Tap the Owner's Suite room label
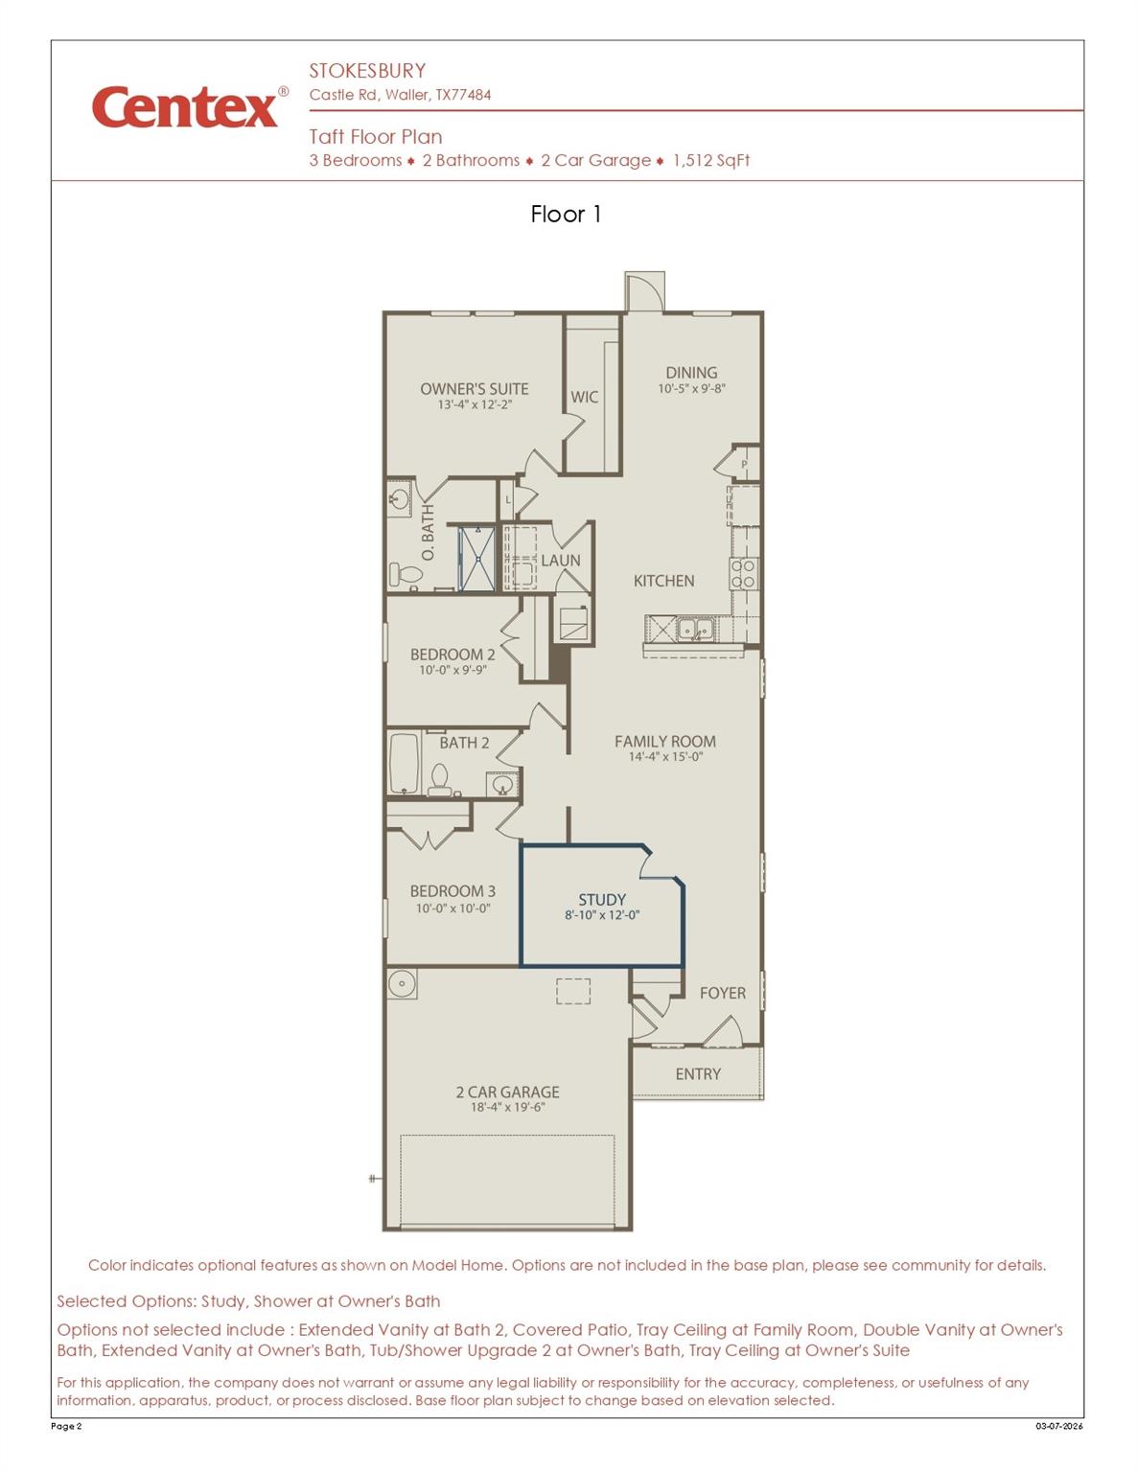(x=474, y=389)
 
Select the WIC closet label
(x=584, y=397)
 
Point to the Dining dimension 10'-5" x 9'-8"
(x=691, y=389)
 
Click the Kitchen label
(x=663, y=581)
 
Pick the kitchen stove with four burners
(x=744, y=573)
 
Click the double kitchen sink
(x=695, y=630)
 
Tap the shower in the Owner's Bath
(x=476, y=558)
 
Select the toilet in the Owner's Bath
(x=406, y=574)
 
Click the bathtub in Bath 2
(x=405, y=763)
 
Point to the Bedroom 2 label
(x=452, y=655)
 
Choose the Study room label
(x=602, y=900)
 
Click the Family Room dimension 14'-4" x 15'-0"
(x=665, y=757)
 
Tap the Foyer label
(x=722, y=993)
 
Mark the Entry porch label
(x=697, y=1074)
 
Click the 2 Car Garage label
(x=507, y=1092)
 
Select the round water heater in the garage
(x=402, y=983)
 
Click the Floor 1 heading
(x=566, y=215)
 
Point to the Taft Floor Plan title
(x=376, y=137)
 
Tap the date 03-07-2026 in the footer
(x=1058, y=1426)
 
